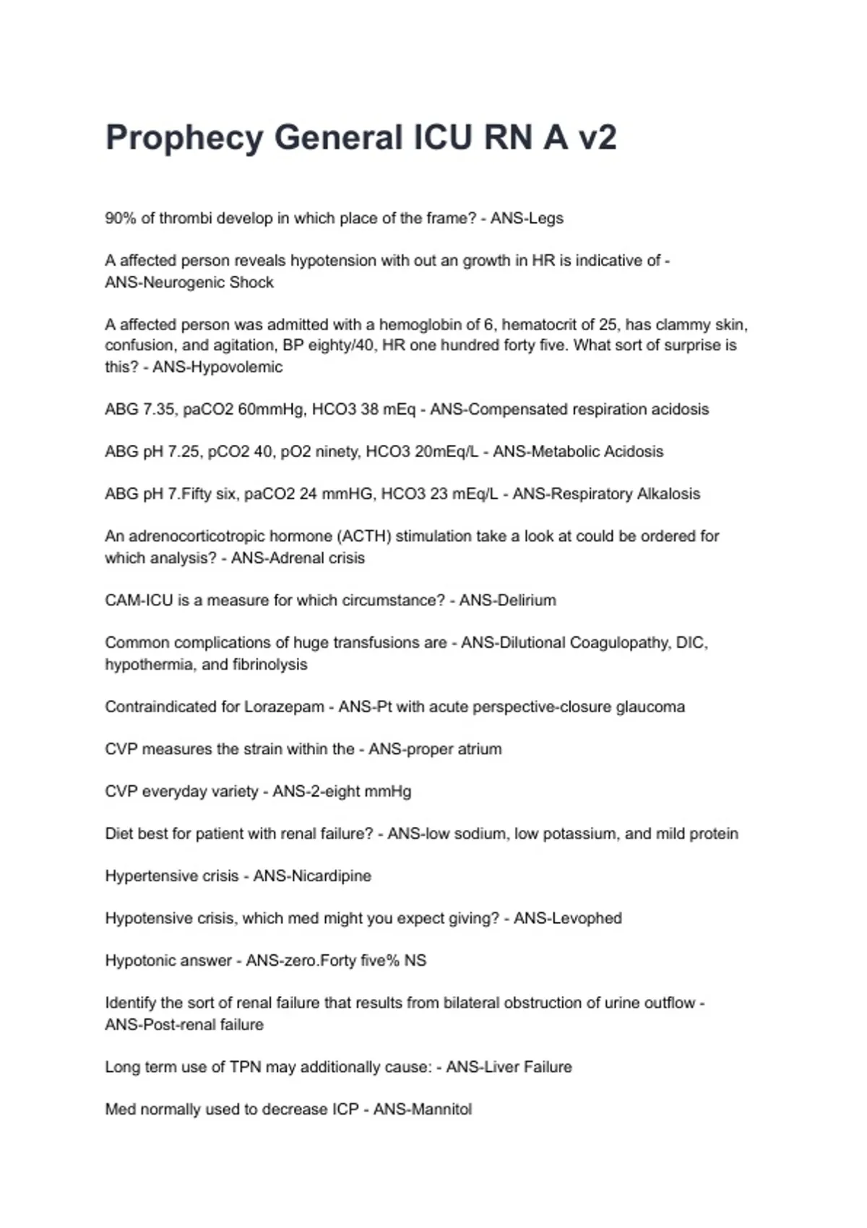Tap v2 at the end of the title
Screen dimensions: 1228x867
point(597,137)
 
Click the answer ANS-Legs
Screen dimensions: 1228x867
point(527,218)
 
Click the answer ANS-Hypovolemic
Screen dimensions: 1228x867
point(217,367)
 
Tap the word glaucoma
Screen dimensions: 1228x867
point(650,706)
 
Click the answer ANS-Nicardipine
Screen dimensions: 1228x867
point(312,876)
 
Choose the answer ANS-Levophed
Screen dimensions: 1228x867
point(568,918)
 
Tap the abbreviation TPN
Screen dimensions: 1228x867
point(246,1067)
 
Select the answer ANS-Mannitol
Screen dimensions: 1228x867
point(423,1110)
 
